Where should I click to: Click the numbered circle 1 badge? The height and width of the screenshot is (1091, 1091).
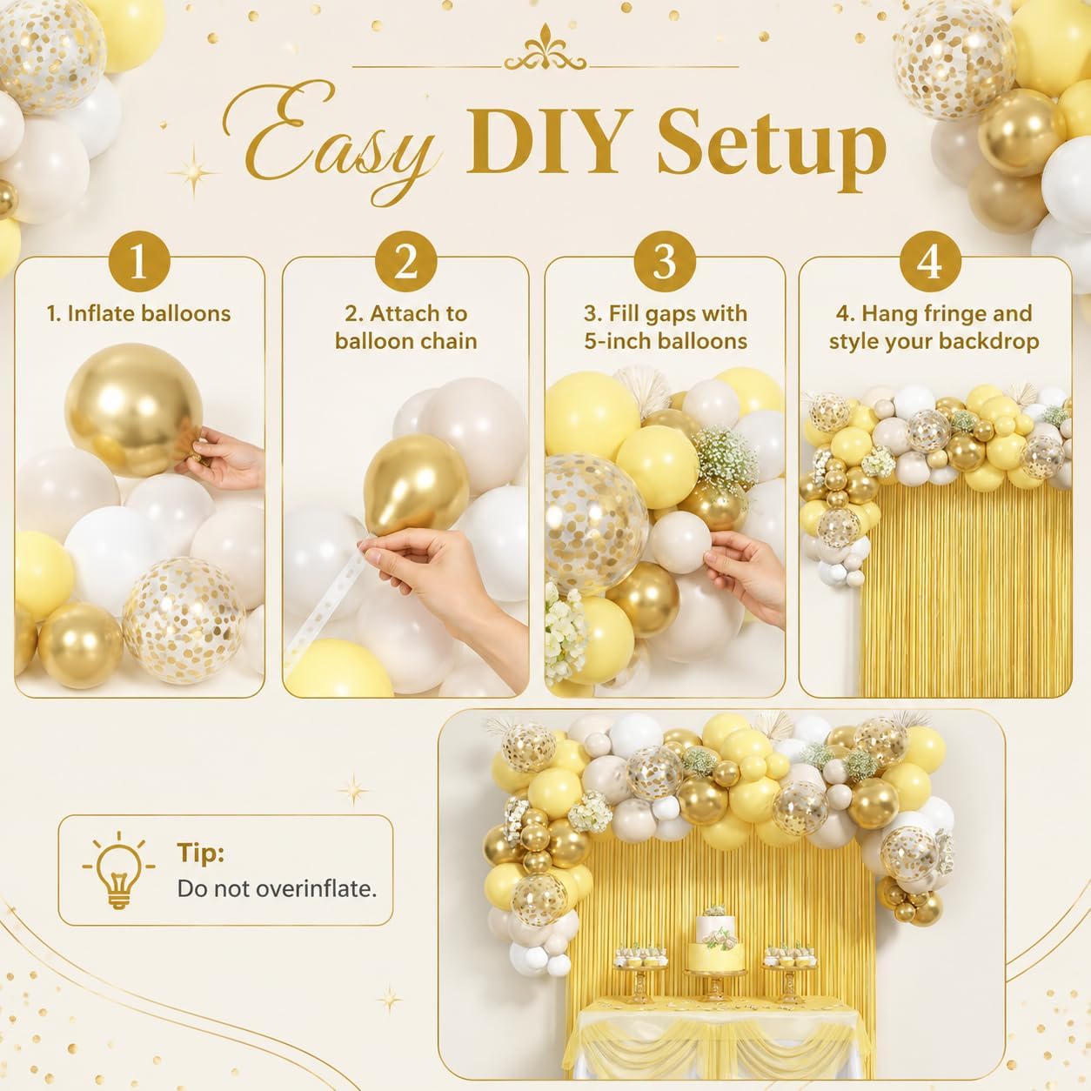139,262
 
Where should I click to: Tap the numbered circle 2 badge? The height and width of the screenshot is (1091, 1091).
405,262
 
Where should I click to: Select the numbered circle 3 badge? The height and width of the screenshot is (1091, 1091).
665,262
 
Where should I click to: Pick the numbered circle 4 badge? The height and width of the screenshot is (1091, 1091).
930,262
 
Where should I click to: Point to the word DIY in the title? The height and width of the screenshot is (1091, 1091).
548,140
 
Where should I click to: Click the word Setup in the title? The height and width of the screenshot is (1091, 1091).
771,146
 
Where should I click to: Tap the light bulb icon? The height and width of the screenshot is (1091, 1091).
117,870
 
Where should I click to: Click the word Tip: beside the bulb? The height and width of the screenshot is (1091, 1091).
200,853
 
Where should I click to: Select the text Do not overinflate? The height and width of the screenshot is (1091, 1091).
277,888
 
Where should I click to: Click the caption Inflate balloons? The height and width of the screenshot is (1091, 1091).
148,314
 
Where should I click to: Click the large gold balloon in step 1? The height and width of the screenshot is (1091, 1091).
134,409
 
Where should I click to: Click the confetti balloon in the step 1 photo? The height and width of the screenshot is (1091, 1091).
184,619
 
